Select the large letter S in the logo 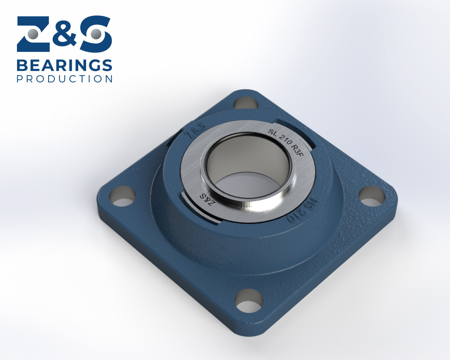coord(96,34)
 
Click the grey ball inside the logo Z coord(33,34)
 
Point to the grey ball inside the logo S coord(96,34)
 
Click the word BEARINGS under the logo coord(64,66)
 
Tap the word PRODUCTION coord(64,79)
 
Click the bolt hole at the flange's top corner coord(246,103)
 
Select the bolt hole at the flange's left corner coord(122,196)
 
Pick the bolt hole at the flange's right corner coord(372,196)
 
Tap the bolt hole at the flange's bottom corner coord(248,300)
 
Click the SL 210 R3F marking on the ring coord(286,143)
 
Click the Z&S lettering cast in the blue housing coord(195,131)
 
